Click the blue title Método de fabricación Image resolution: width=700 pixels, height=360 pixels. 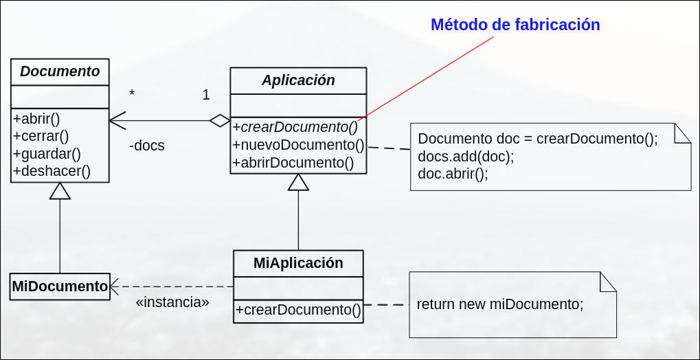[x=515, y=25]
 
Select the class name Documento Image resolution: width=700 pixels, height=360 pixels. [x=60, y=71]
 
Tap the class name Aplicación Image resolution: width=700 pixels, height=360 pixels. [x=298, y=80]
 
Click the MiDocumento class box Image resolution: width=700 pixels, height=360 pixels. [x=60, y=286]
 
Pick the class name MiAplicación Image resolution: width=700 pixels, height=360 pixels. [x=298, y=262]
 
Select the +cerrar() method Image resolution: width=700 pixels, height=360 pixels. [x=41, y=135]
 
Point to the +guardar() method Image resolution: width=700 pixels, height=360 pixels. [x=47, y=153]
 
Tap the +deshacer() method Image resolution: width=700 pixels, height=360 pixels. [x=52, y=170]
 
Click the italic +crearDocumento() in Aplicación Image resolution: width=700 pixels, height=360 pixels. [x=295, y=126]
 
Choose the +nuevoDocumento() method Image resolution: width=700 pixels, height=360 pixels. [x=298, y=145]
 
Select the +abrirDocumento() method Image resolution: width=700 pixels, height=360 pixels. [x=293, y=163]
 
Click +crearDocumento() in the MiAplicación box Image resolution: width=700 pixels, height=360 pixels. [x=298, y=310]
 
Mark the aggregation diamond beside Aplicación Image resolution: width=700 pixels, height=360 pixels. [x=220, y=121]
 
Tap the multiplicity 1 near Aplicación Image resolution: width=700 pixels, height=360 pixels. [x=206, y=95]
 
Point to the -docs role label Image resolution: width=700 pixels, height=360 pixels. [x=146, y=146]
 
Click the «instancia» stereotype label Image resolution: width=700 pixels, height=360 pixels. [x=172, y=302]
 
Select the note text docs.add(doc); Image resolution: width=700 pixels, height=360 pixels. [x=466, y=156]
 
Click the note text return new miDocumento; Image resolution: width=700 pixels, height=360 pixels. [x=499, y=304]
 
